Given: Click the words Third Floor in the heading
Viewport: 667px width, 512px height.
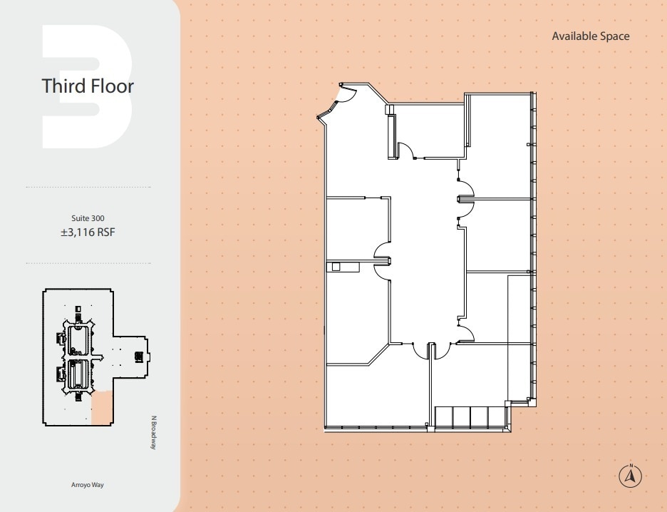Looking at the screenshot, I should [x=88, y=86].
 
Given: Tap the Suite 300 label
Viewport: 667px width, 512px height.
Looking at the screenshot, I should [x=88, y=217].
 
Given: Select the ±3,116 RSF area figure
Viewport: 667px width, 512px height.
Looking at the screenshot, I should [x=88, y=232].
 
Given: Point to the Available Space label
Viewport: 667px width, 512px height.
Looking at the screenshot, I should [x=590, y=36].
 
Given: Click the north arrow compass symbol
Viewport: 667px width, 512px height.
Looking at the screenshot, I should [x=630, y=475].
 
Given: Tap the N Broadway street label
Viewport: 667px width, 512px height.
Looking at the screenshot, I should [x=153, y=432].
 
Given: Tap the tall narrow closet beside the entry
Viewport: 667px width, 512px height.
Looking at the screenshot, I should [x=391, y=135].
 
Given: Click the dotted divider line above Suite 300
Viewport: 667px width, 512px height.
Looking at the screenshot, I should [x=88, y=187].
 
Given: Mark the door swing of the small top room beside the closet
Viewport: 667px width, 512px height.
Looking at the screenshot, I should [x=405, y=150].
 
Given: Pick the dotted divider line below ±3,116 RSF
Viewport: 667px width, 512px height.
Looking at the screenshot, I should [x=88, y=263].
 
